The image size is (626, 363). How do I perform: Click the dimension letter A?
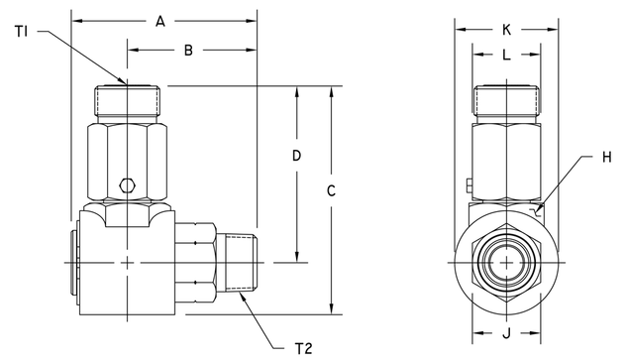click(162, 20)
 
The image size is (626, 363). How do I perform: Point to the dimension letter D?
click(296, 156)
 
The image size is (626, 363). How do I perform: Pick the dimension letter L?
click(505, 57)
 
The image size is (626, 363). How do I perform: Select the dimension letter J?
click(505, 334)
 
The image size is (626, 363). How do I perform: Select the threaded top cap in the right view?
click(505, 102)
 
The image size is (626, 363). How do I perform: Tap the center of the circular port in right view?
click(505, 263)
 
